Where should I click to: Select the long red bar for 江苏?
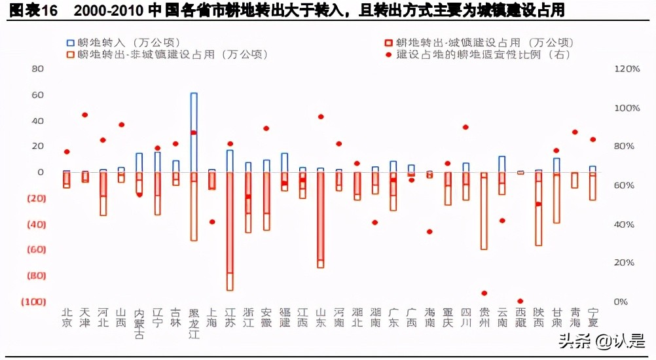click(x=230, y=223)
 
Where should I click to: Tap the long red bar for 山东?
click(x=320, y=216)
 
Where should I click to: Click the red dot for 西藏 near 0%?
click(x=520, y=301)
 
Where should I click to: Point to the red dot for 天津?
click(x=84, y=115)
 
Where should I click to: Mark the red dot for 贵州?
click(x=484, y=293)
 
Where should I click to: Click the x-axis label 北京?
click(x=67, y=317)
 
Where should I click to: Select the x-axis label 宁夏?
click(x=592, y=317)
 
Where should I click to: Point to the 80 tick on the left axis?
click(x=37, y=69)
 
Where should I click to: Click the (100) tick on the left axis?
click(x=33, y=301)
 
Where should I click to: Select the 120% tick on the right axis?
click(x=626, y=69)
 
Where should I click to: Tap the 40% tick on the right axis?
click(x=625, y=224)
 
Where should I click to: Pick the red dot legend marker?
click(x=388, y=54)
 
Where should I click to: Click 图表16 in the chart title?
click(x=29, y=10)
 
